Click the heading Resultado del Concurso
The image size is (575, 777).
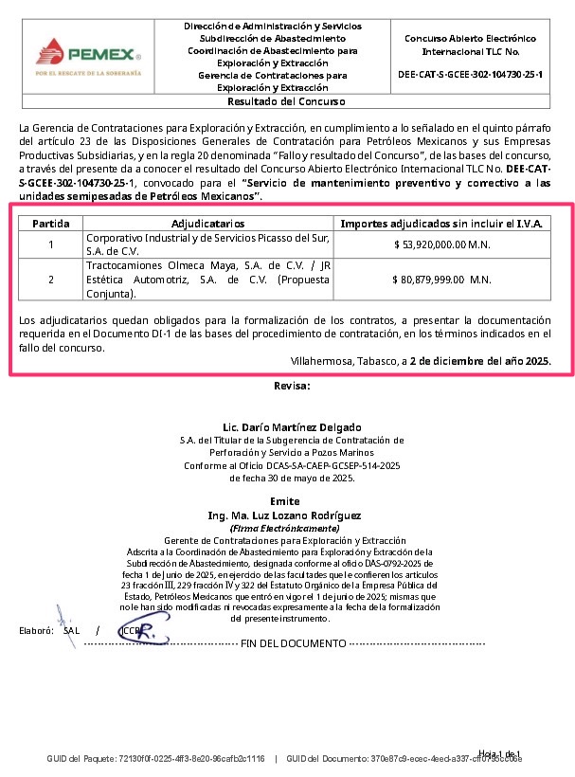pos(286,101)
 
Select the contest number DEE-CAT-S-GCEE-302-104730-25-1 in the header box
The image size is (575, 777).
pos(470,73)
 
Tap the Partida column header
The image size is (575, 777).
pos(51,224)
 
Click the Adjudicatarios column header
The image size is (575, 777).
pos(207,224)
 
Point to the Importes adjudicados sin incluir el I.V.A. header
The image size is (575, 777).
pos(442,224)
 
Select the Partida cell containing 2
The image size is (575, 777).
pos(51,280)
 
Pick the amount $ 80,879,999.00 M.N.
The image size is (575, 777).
pos(442,280)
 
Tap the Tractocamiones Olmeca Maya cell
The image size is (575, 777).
pos(207,280)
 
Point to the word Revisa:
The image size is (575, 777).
pos(291,386)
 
